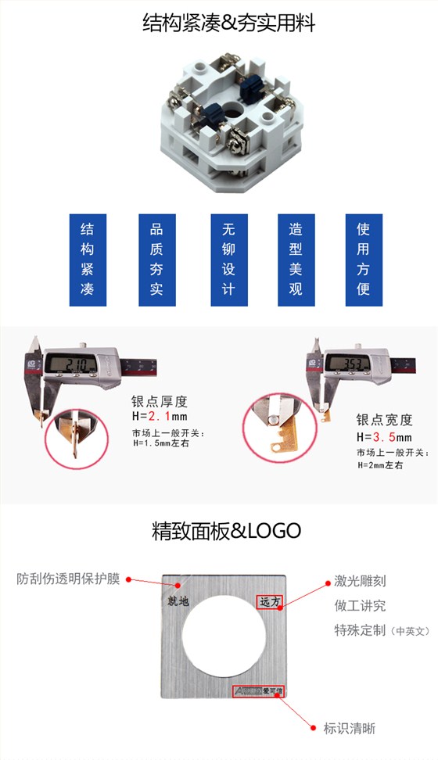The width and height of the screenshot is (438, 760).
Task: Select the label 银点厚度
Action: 160,402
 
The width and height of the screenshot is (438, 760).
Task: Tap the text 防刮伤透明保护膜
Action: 69,579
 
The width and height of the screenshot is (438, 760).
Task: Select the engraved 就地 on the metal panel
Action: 179,601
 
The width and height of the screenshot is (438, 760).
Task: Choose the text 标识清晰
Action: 350,728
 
